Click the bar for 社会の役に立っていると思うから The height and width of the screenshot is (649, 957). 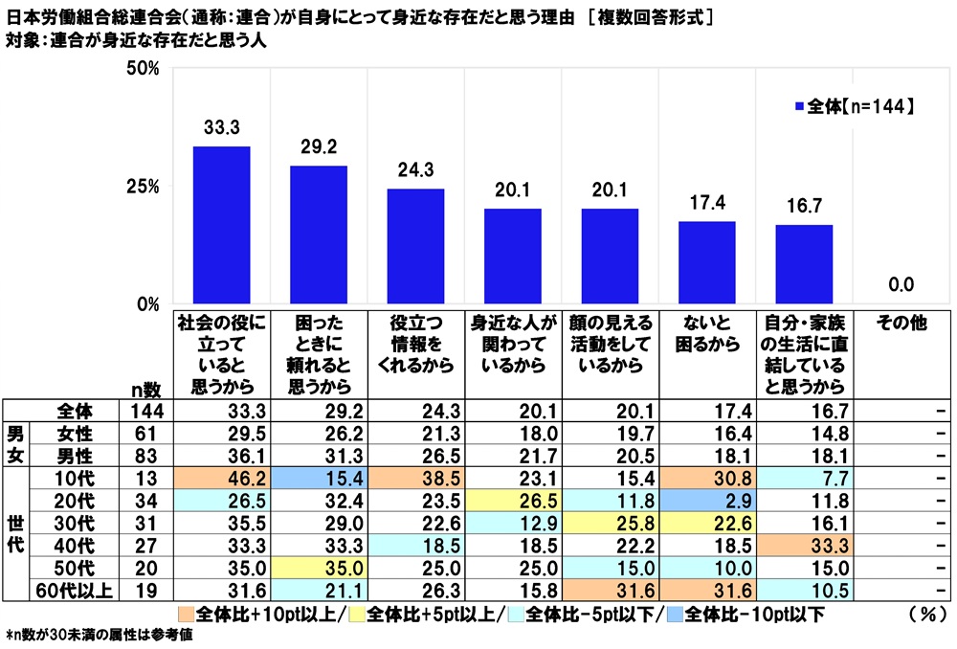click(x=221, y=226)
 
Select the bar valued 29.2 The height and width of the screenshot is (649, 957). click(x=319, y=235)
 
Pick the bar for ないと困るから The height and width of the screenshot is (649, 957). click(x=707, y=263)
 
